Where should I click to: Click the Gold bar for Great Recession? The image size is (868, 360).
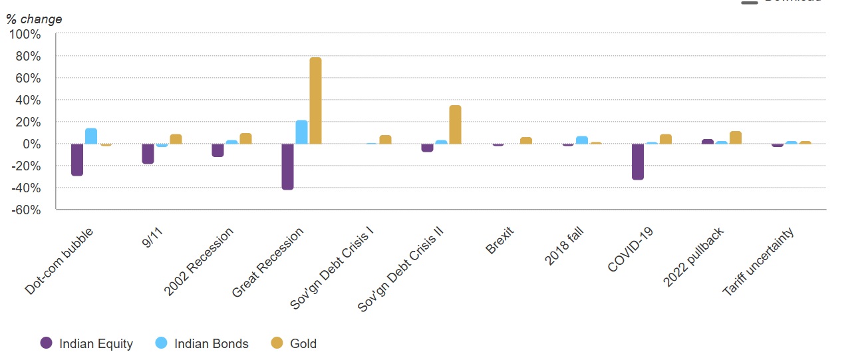pyautogui.click(x=315, y=100)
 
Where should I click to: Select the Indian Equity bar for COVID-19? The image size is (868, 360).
pyautogui.click(x=637, y=161)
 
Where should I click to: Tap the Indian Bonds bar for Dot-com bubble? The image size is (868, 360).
pyautogui.click(x=91, y=136)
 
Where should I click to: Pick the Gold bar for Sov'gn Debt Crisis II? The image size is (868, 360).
pyautogui.click(x=455, y=124)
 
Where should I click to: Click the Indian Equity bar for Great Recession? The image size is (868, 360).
pyautogui.click(x=287, y=166)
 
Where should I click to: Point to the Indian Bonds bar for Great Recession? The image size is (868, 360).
pyautogui.click(x=301, y=132)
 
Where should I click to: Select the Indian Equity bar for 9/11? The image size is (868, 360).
pyautogui.click(x=148, y=154)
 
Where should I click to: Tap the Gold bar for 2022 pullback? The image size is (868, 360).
pyautogui.click(x=735, y=137)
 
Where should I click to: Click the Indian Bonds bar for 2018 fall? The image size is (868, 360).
pyautogui.click(x=581, y=140)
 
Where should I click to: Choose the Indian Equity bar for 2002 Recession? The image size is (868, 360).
pyautogui.click(x=217, y=150)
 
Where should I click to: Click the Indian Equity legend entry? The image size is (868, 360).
pyautogui.click(x=86, y=343)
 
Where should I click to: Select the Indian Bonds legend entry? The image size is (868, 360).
pyautogui.click(x=202, y=343)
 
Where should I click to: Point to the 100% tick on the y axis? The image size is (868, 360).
pyautogui.click(x=25, y=34)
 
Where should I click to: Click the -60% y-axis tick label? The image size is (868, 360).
pyautogui.click(x=25, y=210)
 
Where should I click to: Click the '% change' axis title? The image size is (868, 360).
pyautogui.click(x=34, y=19)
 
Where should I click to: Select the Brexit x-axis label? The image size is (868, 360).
pyautogui.click(x=501, y=239)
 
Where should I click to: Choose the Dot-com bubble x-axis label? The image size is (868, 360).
pyautogui.click(x=60, y=260)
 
